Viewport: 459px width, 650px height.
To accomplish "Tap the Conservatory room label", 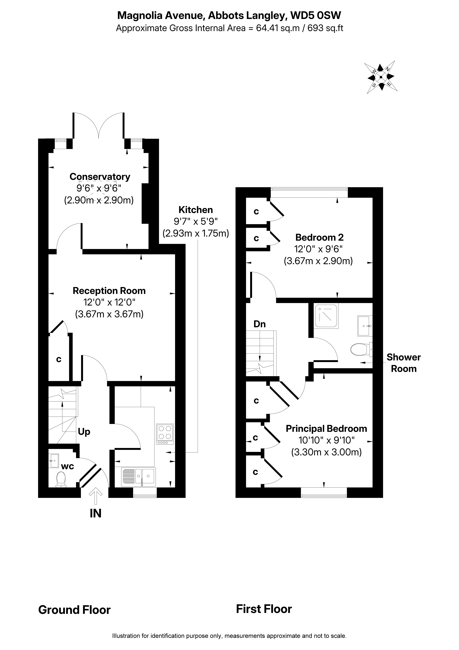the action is (100, 177).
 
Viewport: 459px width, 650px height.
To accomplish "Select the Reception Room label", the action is (109, 291).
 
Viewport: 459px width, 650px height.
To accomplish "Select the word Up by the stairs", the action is (84, 432).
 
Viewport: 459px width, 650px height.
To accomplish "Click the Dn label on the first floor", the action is (259, 324).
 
